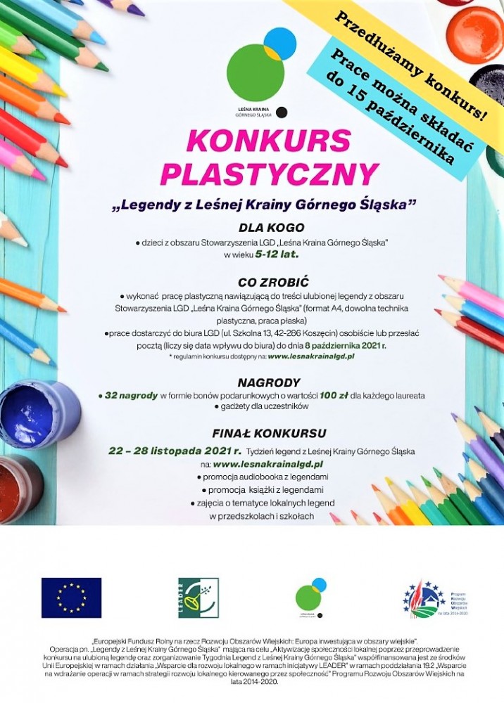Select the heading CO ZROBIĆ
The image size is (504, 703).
(x=264, y=282)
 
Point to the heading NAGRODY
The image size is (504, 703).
(x=264, y=382)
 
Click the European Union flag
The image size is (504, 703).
(x=71, y=598)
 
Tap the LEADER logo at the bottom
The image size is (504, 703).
(x=198, y=598)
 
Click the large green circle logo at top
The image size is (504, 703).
(x=255, y=72)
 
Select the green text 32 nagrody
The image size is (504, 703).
(x=131, y=396)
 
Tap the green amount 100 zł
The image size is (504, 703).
(x=333, y=396)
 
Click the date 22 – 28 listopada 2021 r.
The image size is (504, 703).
(x=175, y=451)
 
